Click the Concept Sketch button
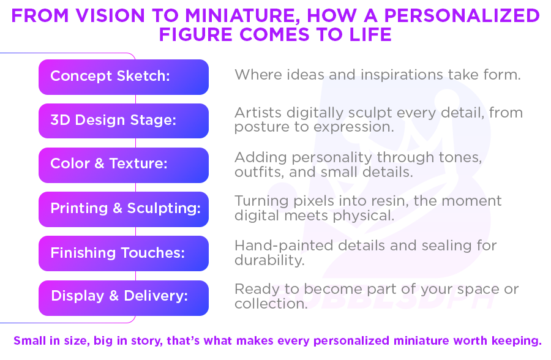tap(124, 77)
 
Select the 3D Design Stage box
tap(124, 121)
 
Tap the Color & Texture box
tap(124, 165)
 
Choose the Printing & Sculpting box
tap(124, 209)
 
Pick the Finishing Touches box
tap(124, 253)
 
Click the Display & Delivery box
tap(124, 298)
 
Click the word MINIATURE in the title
tap(240, 16)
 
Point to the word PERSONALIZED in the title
tap(462, 15)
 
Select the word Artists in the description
tap(258, 113)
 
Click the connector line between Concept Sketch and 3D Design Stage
tap(136, 99)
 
